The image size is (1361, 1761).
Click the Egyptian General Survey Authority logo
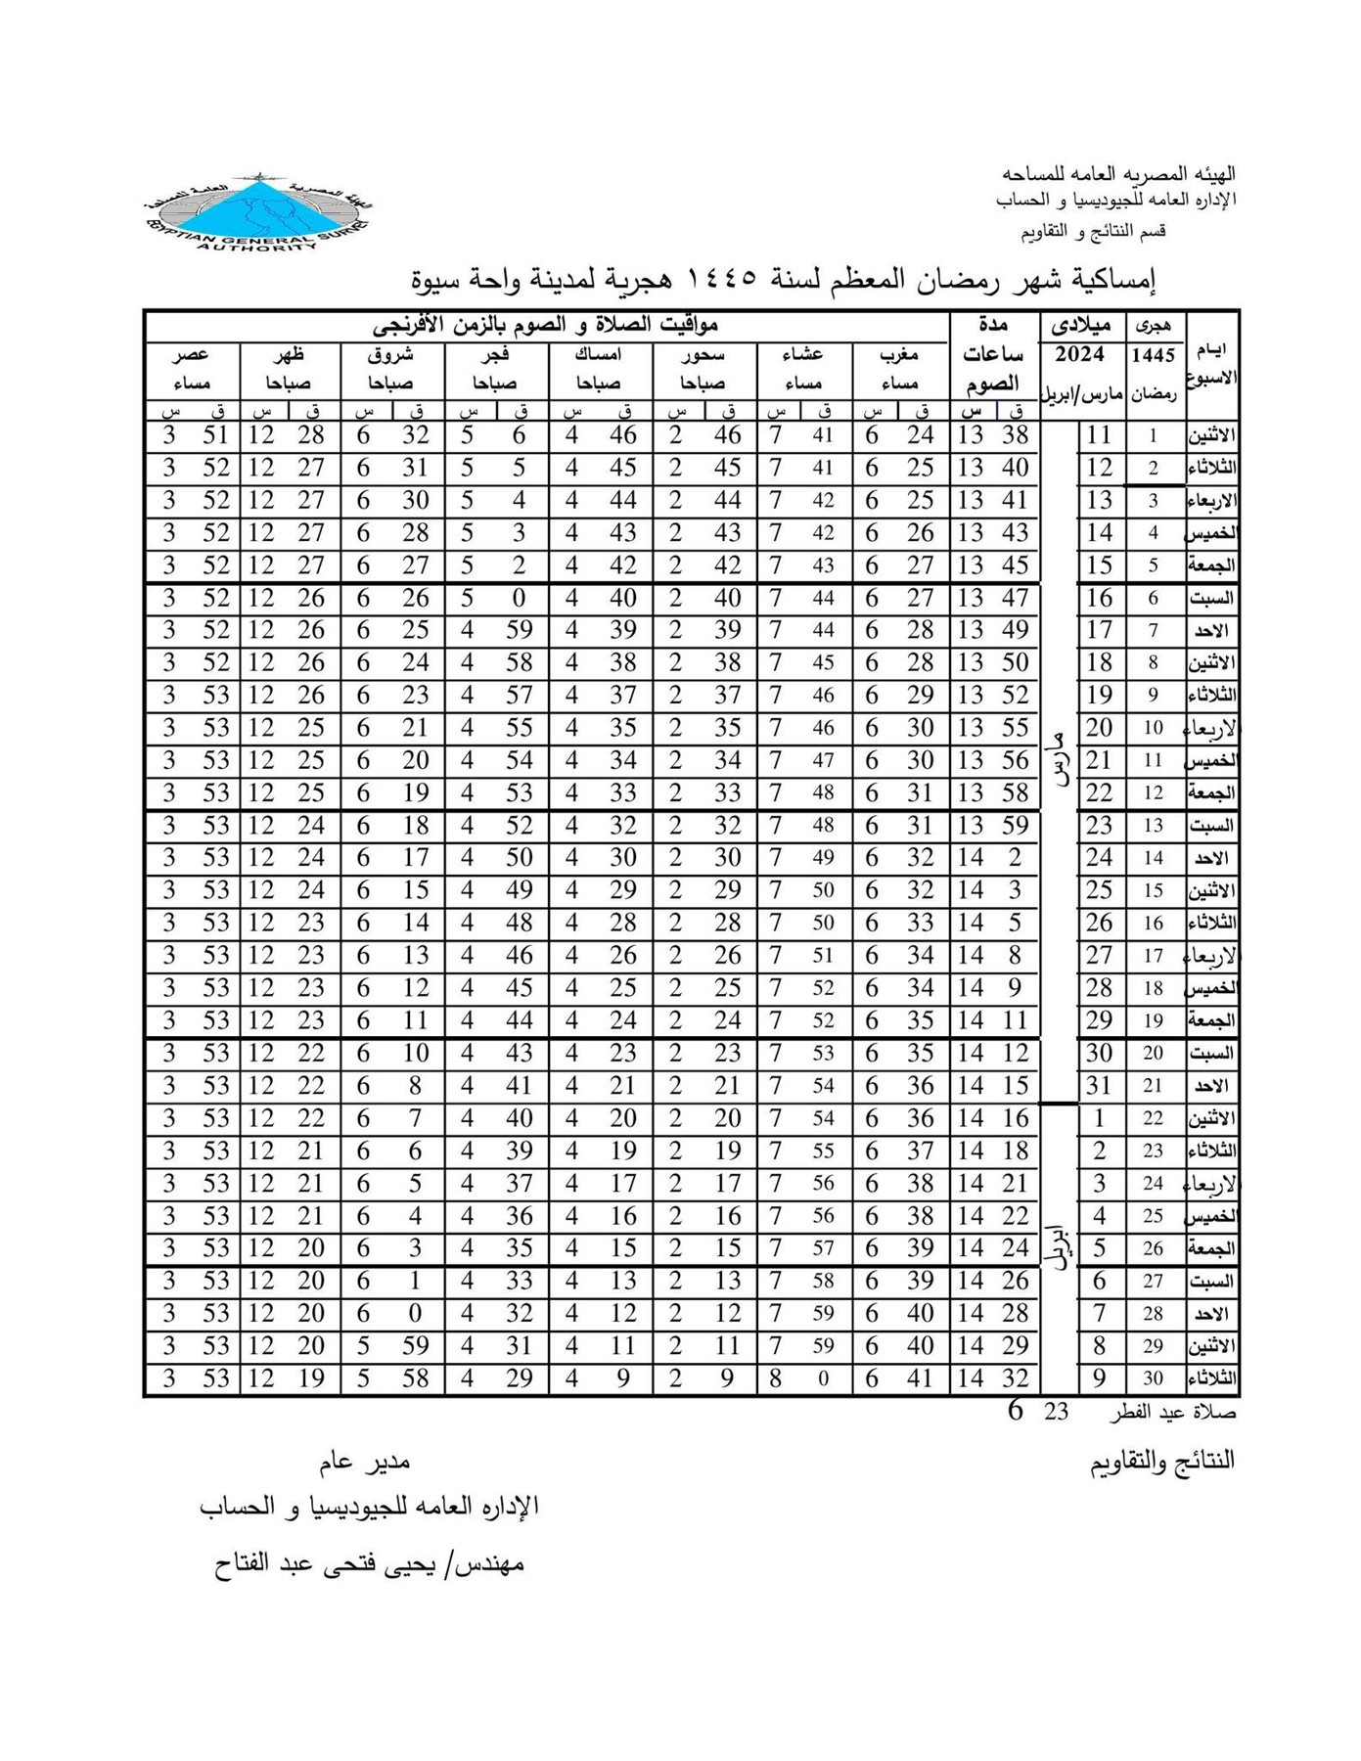(256, 215)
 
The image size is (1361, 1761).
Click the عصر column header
(191, 354)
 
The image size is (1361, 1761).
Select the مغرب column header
(900, 354)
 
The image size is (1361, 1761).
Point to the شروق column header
(391, 354)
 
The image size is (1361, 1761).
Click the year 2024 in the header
(1080, 354)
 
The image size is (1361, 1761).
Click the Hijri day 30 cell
(1154, 1379)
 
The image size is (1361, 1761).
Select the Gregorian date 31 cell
(1100, 1086)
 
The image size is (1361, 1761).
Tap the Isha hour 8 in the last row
(776, 1379)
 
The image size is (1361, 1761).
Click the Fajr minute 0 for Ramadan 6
(520, 598)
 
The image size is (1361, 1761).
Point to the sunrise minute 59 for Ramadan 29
(416, 1346)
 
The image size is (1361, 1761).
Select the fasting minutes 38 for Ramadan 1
(1016, 435)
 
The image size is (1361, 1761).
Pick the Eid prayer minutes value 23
(1056, 1412)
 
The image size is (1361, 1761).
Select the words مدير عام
(364, 1463)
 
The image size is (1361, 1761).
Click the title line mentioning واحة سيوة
(783, 281)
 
